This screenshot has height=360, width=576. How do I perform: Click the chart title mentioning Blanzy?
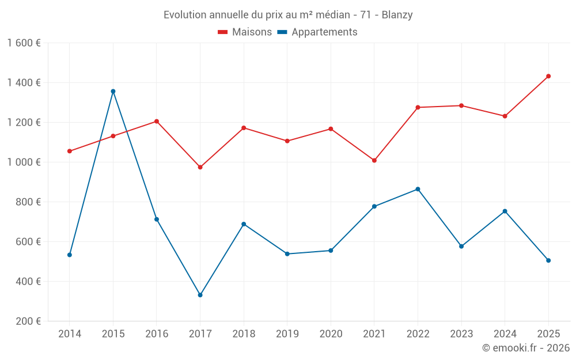click(288, 15)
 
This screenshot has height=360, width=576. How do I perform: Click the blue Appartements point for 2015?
click(113, 91)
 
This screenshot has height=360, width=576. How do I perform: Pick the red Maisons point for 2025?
click(548, 76)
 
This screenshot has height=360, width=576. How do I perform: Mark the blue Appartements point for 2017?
click(200, 295)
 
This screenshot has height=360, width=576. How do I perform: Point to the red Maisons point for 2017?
click(200, 167)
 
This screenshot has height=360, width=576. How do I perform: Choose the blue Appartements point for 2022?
click(418, 189)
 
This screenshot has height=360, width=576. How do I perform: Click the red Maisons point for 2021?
click(374, 160)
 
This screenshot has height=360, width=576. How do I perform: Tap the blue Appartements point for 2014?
click(70, 255)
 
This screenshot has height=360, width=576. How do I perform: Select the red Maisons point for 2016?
click(157, 121)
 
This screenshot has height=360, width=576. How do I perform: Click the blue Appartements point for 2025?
click(548, 260)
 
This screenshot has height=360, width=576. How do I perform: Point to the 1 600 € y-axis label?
click(24, 43)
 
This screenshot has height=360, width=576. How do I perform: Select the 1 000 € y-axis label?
click(24, 162)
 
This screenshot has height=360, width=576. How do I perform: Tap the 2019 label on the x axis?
click(287, 334)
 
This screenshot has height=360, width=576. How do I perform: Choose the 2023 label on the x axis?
click(461, 334)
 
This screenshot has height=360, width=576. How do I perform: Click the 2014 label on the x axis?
click(70, 334)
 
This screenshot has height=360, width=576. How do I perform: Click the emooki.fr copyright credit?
click(525, 348)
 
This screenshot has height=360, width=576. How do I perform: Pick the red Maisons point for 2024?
click(505, 116)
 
